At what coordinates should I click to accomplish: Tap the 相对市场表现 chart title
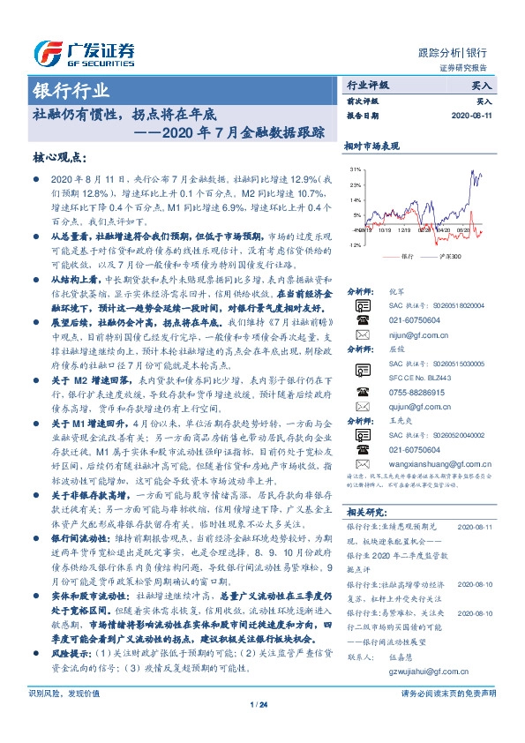(371, 145)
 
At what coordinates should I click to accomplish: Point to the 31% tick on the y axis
(355, 168)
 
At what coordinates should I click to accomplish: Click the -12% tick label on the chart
(354, 244)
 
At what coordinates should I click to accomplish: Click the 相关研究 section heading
(364, 512)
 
